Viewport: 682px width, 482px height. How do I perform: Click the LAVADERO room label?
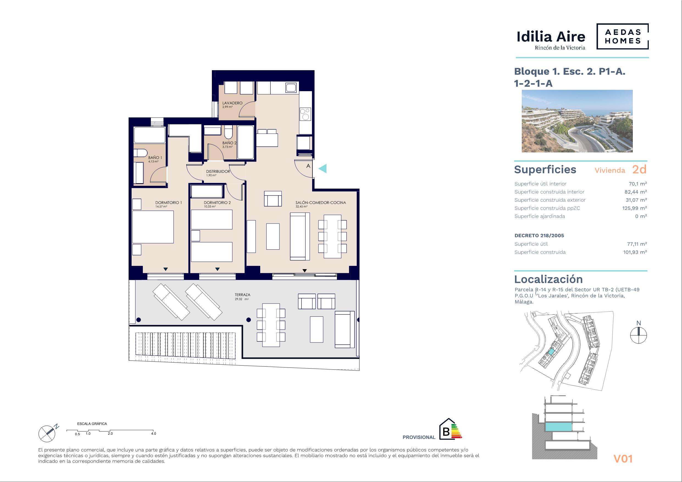click(x=232, y=103)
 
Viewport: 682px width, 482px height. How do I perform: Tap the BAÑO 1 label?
click(x=155, y=158)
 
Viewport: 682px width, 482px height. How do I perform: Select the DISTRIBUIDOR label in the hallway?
click(x=218, y=171)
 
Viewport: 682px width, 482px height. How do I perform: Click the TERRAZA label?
click(x=242, y=295)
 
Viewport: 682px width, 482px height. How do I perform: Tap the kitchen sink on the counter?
click(x=291, y=87)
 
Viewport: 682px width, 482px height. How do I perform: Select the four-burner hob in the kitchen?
click(x=305, y=114)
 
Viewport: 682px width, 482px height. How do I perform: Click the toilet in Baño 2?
click(x=228, y=132)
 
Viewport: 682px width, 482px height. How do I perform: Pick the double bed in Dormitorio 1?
click(x=153, y=227)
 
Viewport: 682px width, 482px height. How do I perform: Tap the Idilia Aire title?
click(x=551, y=37)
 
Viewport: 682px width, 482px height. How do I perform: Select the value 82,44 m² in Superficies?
click(x=631, y=192)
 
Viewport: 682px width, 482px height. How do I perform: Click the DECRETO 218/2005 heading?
click(x=539, y=235)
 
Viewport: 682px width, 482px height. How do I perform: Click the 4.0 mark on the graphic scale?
click(x=153, y=434)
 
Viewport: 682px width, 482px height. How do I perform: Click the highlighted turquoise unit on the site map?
click(x=551, y=352)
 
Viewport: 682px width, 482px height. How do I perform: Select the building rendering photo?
click(x=577, y=121)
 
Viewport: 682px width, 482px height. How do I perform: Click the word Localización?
click(x=548, y=279)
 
